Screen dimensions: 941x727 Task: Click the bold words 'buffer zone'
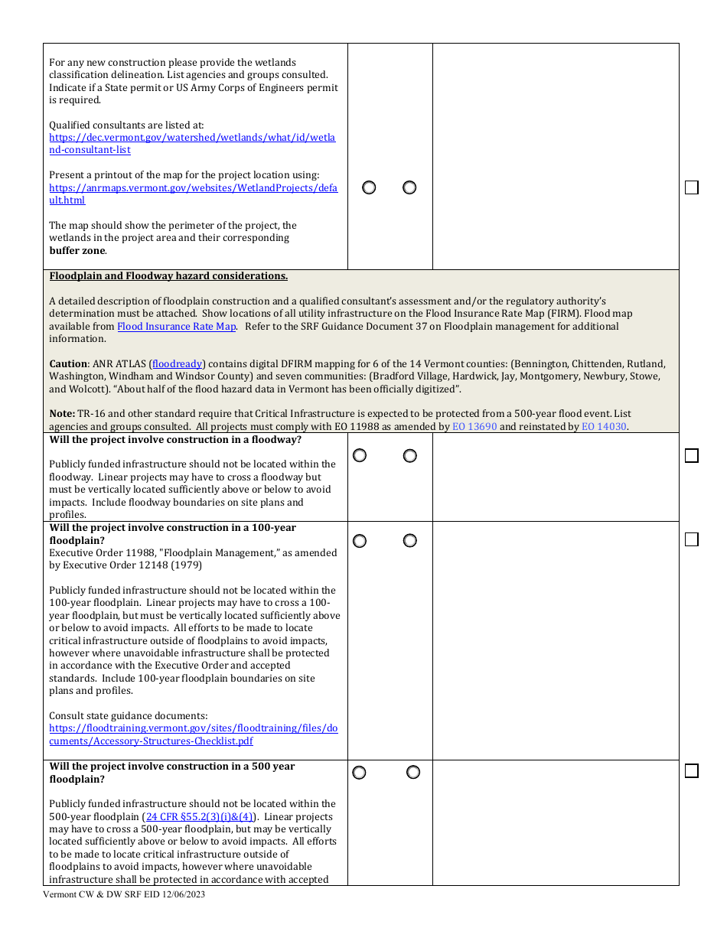[77, 250]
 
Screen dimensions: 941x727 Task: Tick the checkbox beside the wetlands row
[691, 187]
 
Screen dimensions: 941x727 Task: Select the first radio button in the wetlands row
[369, 187]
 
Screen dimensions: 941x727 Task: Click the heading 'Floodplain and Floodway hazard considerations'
[168, 276]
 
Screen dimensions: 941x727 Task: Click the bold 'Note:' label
[62, 414]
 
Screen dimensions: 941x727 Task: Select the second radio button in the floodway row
[410, 456]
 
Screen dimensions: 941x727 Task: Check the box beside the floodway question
[691, 456]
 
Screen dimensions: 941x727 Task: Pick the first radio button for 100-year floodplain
[360, 541]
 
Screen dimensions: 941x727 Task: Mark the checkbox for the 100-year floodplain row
[691, 539]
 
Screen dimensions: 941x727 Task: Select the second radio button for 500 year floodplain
[413, 773]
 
